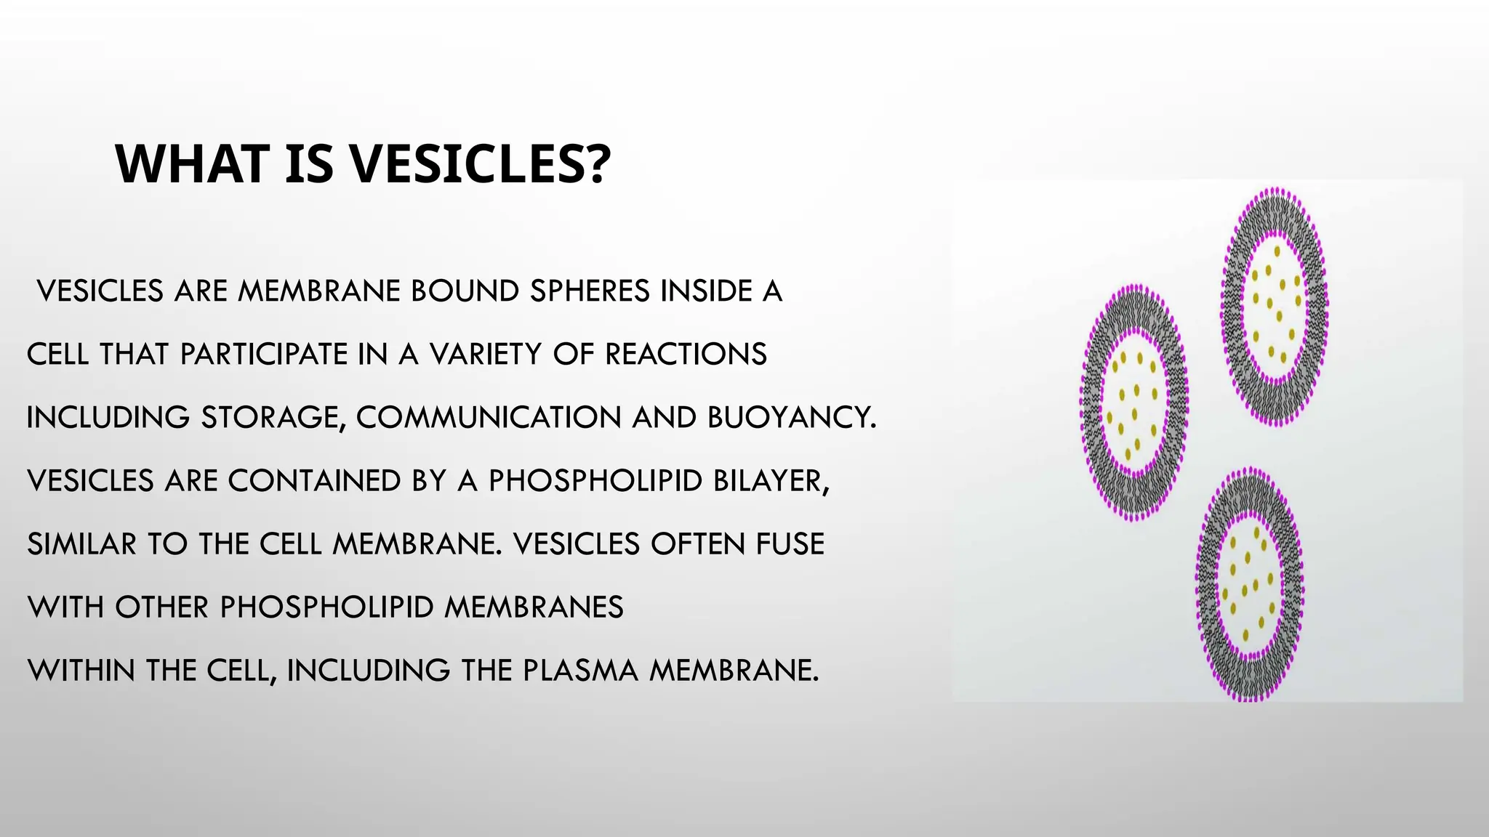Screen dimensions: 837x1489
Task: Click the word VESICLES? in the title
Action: coord(481,164)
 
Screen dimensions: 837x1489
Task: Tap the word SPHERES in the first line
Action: coord(590,291)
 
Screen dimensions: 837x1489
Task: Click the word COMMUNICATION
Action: coord(489,418)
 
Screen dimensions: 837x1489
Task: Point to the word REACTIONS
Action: coord(686,355)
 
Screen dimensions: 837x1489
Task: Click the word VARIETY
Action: coord(486,355)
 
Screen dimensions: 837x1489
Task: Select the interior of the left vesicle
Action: coord(1133,403)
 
